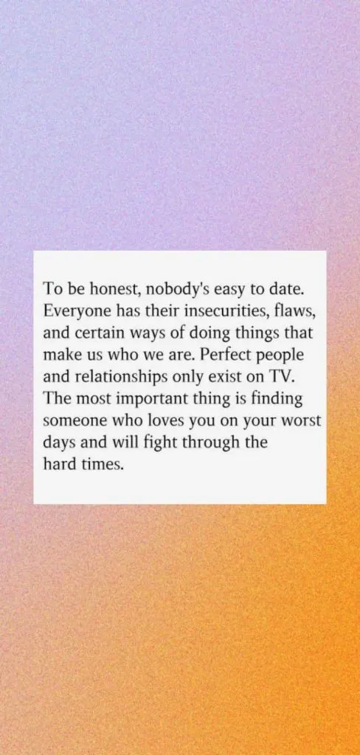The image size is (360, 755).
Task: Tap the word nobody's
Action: (x=176, y=288)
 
